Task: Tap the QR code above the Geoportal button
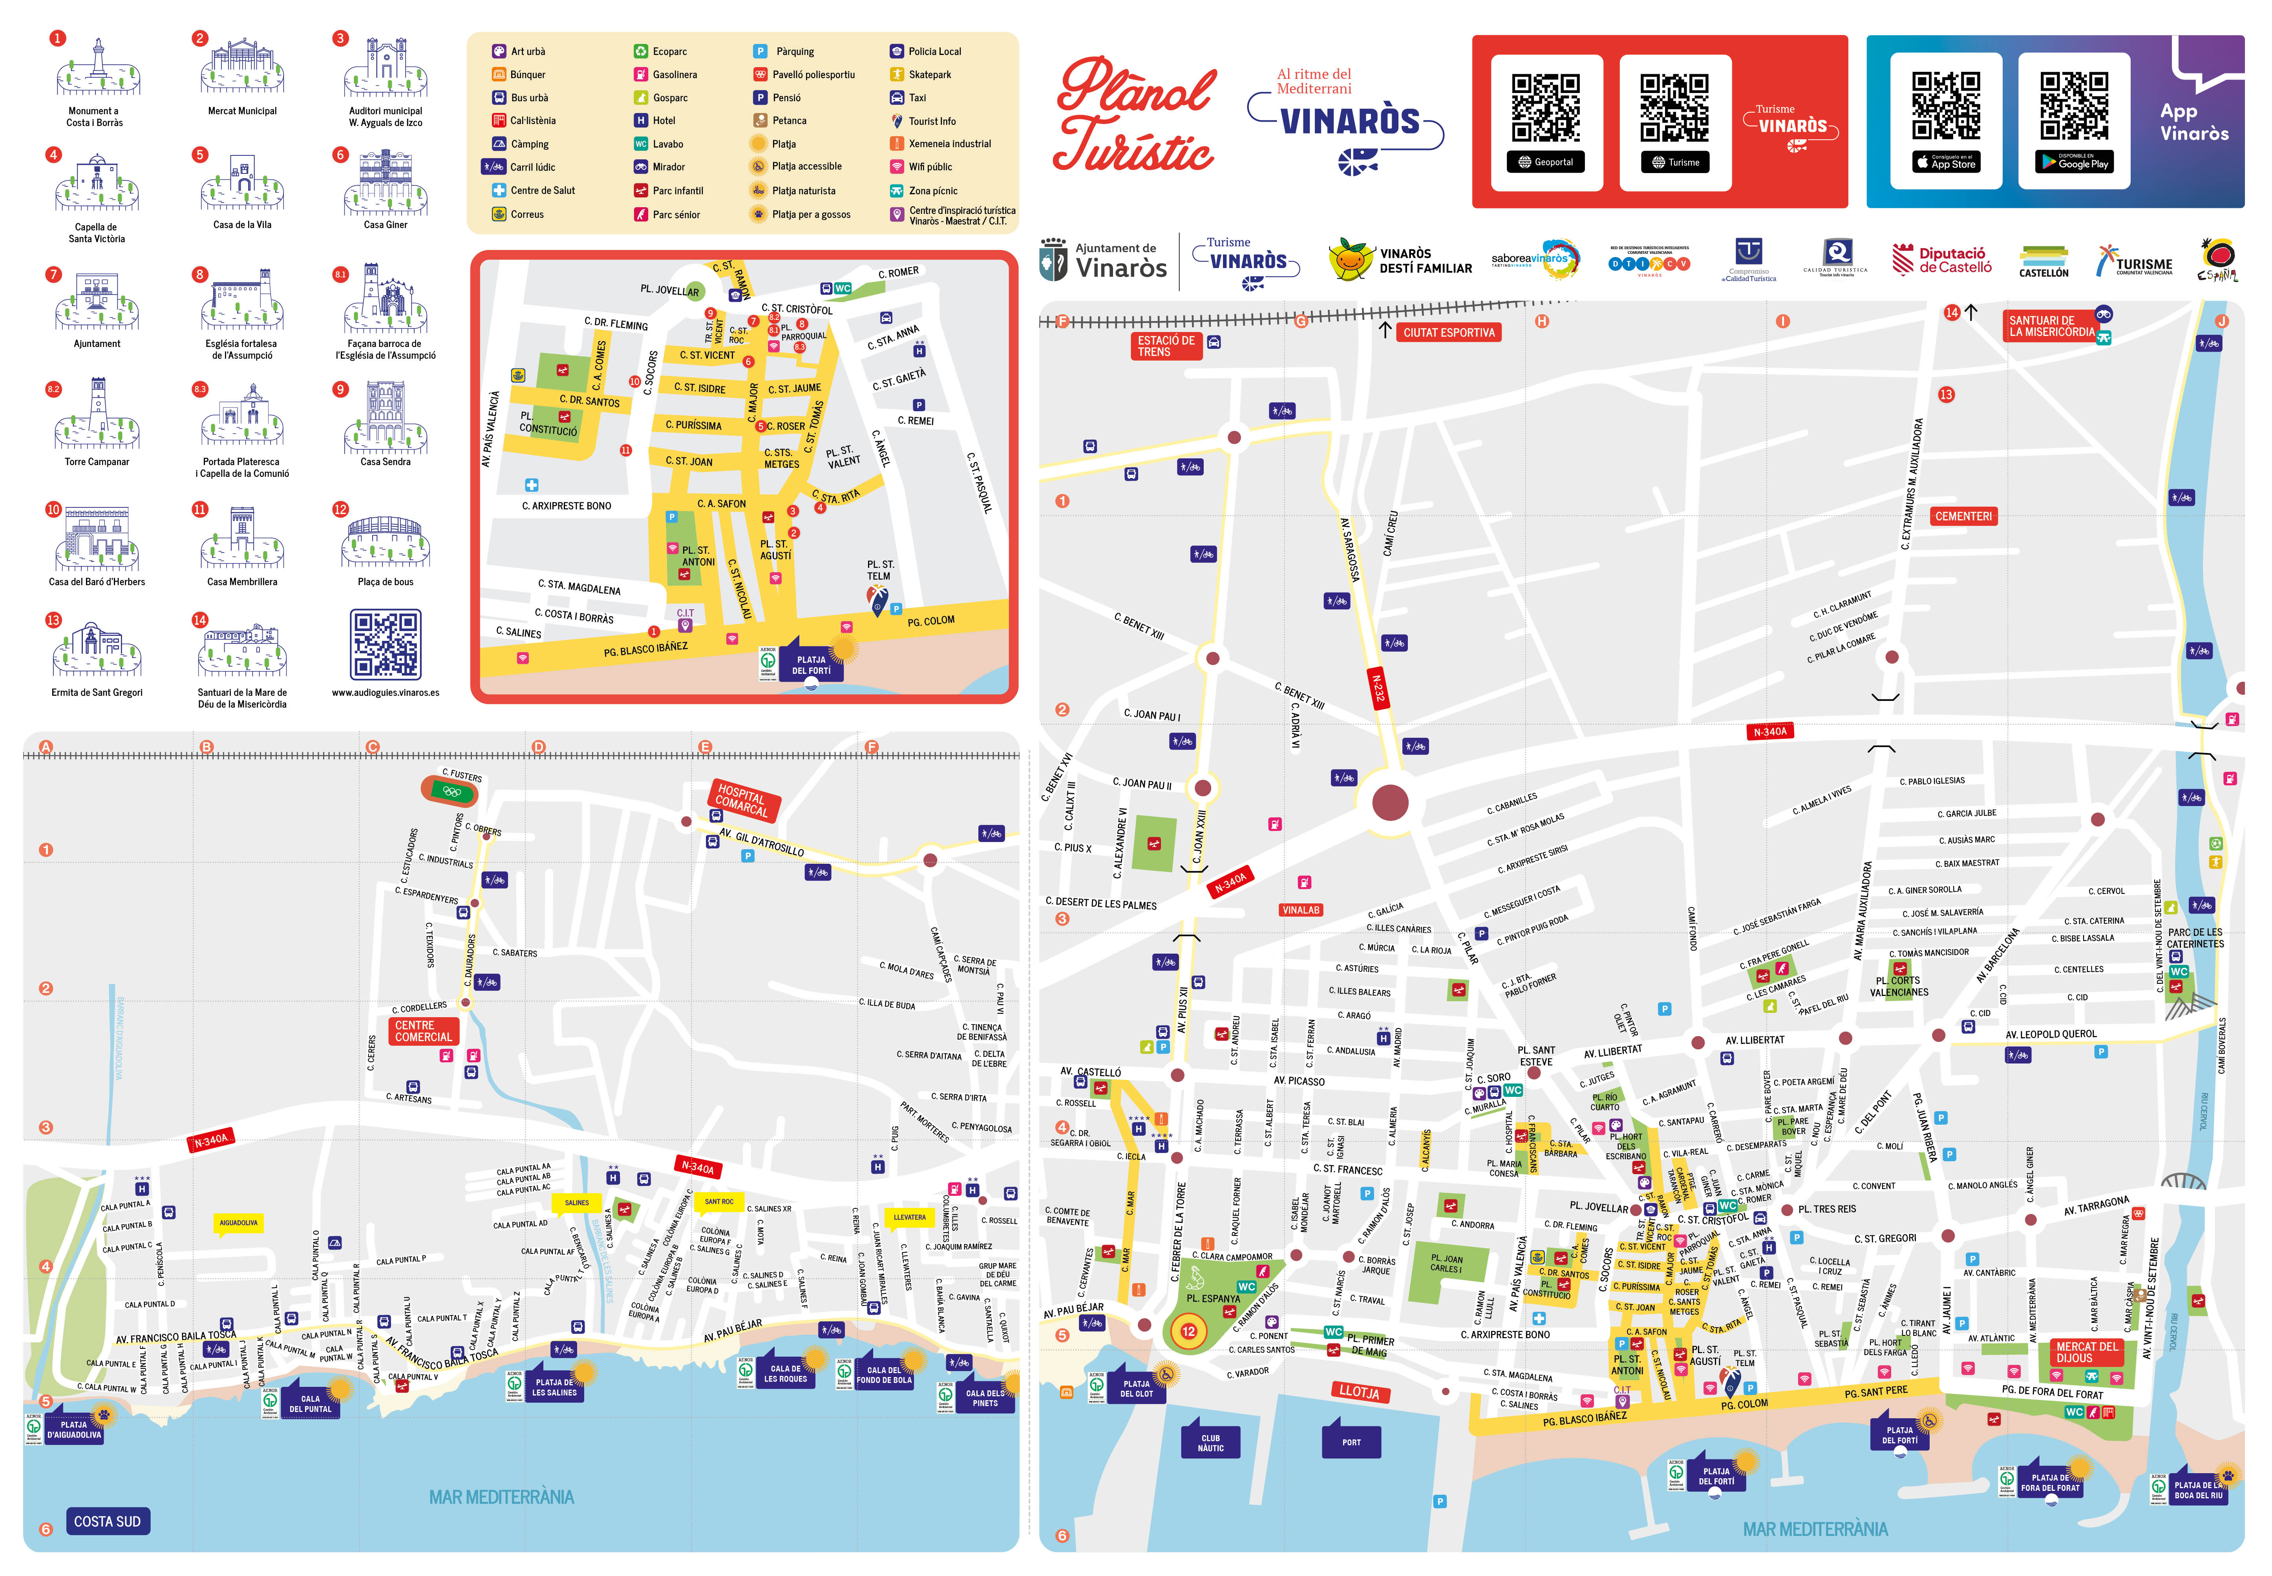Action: (x=1546, y=108)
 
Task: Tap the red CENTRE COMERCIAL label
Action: (x=423, y=1031)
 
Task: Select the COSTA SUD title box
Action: (x=108, y=1521)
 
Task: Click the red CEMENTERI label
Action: (x=1963, y=516)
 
